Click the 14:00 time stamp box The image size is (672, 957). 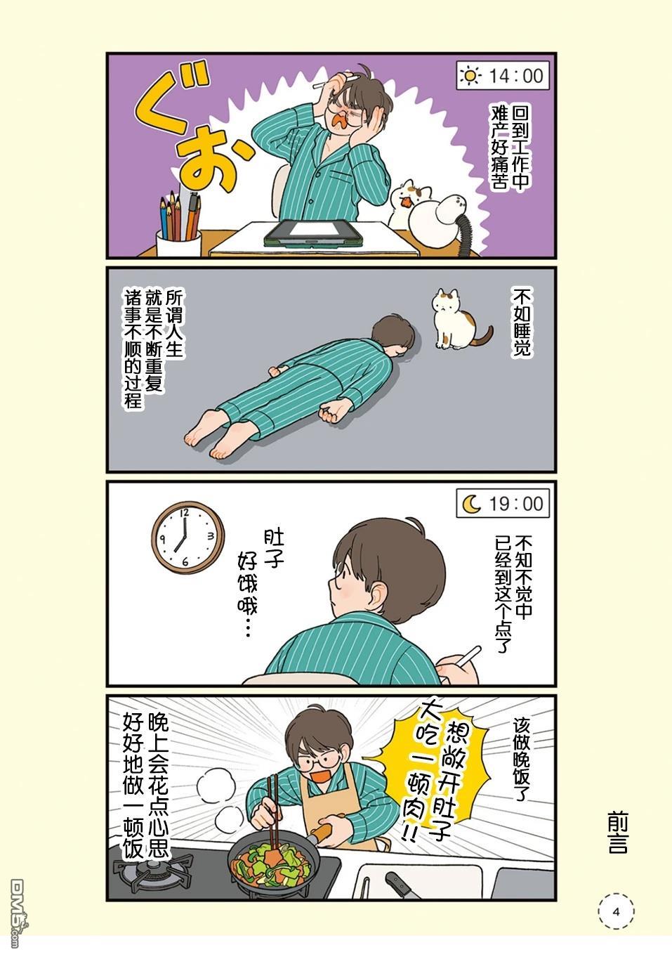[x=503, y=76]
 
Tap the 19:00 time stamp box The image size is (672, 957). [x=503, y=503]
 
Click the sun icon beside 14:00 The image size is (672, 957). [x=470, y=76]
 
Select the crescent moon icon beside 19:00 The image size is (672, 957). [x=472, y=504]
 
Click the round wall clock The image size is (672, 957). [x=187, y=537]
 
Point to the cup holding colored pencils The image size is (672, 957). [x=178, y=242]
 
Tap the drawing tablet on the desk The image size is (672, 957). [x=313, y=233]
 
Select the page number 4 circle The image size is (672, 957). [x=616, y=911]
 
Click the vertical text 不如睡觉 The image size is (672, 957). [x=522, y=323]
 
